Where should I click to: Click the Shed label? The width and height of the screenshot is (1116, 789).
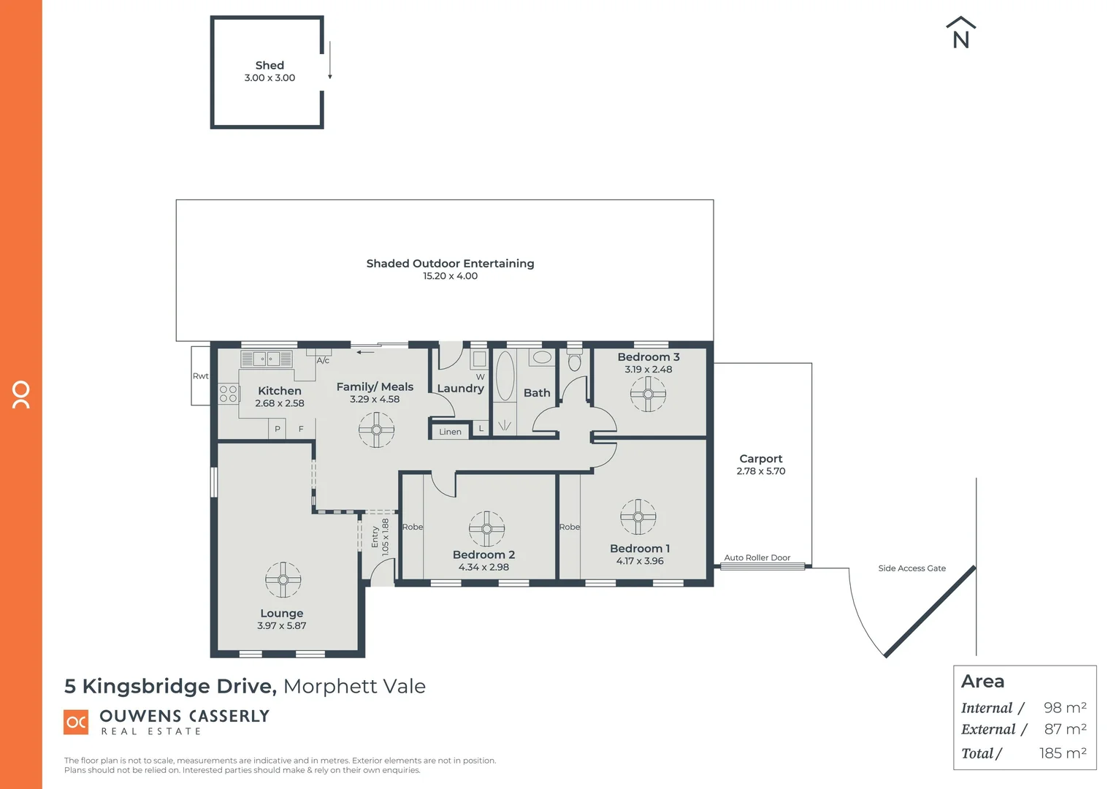tap(270, 65)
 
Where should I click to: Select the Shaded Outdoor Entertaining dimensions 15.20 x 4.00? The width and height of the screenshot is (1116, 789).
tap(450, 276)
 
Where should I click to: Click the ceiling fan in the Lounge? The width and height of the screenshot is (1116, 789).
tap(283, 579)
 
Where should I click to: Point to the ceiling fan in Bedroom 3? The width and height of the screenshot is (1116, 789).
tap(648, 394)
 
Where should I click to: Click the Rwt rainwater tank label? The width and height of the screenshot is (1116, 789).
tap(200, 376)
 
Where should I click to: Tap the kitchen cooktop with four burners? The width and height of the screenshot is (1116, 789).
tap(229, 394)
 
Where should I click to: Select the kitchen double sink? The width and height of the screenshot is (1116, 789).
tap(267, 359)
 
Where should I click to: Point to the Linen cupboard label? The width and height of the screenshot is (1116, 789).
tap(450, 432)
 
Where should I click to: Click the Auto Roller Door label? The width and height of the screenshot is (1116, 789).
tap(757, 557)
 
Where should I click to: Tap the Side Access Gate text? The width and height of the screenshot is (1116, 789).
tap(911, 568)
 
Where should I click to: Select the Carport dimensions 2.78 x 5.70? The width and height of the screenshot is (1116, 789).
tap(760, 471)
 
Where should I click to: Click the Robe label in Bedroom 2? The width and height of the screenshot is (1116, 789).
tap(412, 527)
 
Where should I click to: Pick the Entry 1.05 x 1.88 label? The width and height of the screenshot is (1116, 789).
tap(380, 537)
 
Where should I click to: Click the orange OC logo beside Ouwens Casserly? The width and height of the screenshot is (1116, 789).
tap(76, 722)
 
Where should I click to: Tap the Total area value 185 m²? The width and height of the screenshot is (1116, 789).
tap(1063, 753)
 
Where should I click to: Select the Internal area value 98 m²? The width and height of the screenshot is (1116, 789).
tap(1065, 708)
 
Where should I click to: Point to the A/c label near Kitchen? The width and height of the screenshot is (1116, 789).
tap(323, 360)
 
